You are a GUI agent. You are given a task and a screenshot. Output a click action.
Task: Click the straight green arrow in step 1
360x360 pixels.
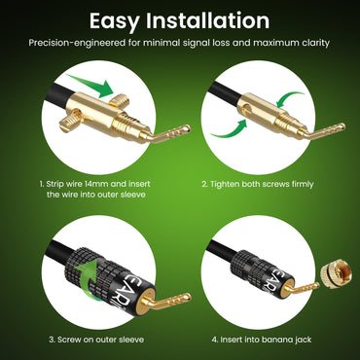pos(87,95)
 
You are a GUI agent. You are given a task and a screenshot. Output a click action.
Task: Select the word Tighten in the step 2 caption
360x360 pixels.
pos(236,183)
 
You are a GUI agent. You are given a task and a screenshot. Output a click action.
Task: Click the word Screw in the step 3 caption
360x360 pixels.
pos(72,341)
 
